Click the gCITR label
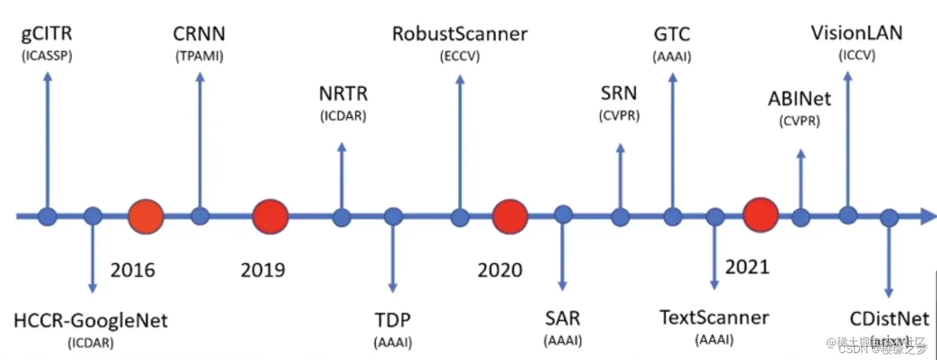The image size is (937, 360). tap(46, 35)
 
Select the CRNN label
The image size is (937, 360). tap(198, 33)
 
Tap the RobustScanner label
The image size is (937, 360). tap(460, 33)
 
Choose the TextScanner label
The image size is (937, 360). tap(715, 318)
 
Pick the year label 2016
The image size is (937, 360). tap(133, 271)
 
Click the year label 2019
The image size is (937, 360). tap(263, 271)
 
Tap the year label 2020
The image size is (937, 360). tap(500, 271)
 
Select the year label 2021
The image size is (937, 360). tap(747, 266)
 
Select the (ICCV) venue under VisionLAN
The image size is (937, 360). tap(857, 55)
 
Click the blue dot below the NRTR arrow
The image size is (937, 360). tap(341, 217)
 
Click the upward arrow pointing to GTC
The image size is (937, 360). tap(672, 143)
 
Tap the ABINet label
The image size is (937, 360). tap(799, 99)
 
